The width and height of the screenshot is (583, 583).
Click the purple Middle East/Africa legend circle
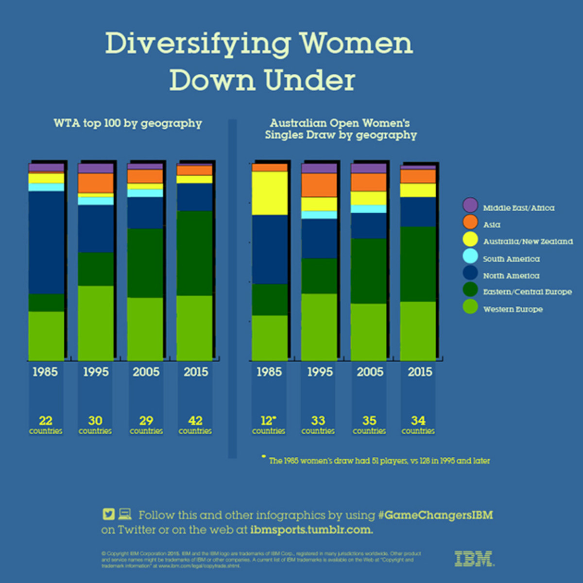pos(470,205)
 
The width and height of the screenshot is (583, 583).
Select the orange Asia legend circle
pos(470,222)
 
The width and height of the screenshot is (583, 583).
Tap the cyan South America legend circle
pos(470,256)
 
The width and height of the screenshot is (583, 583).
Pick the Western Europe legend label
pos(513,309)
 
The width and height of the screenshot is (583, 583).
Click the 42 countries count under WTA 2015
pos(195,424)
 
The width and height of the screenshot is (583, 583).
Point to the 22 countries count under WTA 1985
pos(46,424)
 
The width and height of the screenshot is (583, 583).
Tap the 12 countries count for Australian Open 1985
pos(268,424)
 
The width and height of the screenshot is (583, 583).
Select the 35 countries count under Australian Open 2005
pos(369,424)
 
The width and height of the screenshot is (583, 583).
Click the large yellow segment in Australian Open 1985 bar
pos(270,193)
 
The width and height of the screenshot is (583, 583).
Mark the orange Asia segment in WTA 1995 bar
pos(96,183)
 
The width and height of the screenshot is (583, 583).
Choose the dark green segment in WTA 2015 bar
pos(194,253)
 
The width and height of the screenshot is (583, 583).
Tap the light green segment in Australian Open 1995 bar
pos(319,326)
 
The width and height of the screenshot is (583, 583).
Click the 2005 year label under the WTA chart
pos(146,372)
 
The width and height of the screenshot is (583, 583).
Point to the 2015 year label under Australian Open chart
pos(420,372)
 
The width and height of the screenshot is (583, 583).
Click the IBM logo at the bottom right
pos(474,559)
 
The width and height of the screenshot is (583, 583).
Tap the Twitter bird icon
pos(108,514)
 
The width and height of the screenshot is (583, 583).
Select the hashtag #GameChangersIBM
pos(435,515)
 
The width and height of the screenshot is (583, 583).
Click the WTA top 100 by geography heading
pos(128,123)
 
